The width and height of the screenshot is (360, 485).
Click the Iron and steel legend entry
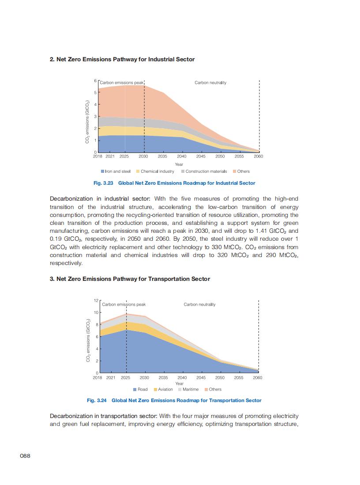tap(116, 172)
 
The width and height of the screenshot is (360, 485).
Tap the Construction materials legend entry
tap(203, 172)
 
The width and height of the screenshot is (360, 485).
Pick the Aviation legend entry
tap(163, 389)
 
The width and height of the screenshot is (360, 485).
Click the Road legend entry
tap(140, 389)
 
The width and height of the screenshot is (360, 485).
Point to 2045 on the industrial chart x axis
tap(201, 157)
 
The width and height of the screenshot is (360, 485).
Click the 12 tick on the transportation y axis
tap(96, 300)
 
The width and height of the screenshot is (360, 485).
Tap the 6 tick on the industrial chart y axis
tap(95, 81)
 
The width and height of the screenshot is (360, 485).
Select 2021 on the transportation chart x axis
tap(111, 378)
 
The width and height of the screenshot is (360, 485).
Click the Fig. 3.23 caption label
tap(105, 183)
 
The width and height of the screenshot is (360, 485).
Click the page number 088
tap(25, 456)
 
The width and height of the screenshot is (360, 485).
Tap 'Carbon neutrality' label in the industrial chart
tap(210, 83)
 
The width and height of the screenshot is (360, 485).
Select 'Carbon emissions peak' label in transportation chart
tap(124, 305)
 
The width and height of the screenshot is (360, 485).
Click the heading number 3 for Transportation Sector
tap(52, 279)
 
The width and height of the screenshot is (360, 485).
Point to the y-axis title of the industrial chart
tap(87, 122)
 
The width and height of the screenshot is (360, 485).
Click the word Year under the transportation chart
tap(179, 384)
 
